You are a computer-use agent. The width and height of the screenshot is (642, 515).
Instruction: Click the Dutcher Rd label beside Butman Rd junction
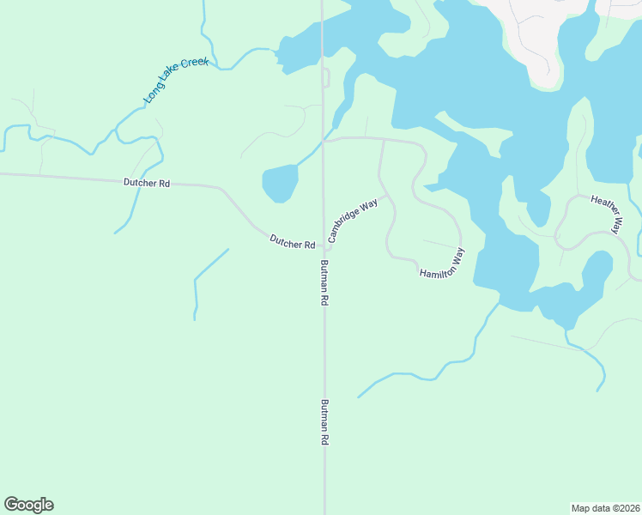pyautogui.click(x=292, y=242)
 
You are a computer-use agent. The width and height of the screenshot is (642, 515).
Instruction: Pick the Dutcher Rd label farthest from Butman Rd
pyautogui.click(x=147, y=182)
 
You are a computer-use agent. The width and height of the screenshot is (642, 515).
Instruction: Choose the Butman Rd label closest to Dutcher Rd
pyautogui.click(x=325, y=283)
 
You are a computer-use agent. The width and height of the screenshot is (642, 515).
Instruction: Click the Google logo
pyautogui.click(x=28, y=505)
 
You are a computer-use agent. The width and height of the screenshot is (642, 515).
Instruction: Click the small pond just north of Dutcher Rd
pyautogui.click(x=280, y=183)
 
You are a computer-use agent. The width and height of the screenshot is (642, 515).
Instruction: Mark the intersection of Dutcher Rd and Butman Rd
pyautogui.click(x=324, y=247)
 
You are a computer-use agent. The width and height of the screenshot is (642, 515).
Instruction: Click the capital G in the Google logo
pyautogui.click(x=11, y=505)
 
